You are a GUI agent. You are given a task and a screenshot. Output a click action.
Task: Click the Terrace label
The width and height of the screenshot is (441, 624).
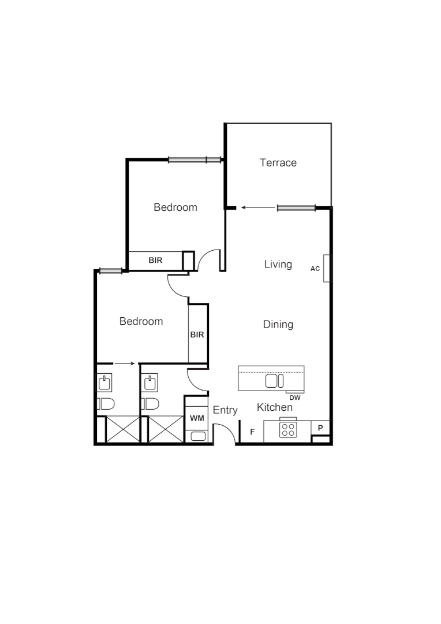[278, 163]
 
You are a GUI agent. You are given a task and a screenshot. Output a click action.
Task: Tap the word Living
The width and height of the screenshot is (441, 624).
[278, 265]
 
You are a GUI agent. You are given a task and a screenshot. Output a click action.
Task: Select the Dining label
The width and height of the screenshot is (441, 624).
[278, 325]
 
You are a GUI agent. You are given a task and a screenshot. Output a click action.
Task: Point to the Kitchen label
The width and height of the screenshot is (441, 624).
[275, 408]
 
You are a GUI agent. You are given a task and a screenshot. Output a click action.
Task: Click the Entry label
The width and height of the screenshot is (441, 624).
[225, 410]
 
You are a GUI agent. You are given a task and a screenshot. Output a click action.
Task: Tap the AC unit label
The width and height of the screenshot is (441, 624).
[315, 269]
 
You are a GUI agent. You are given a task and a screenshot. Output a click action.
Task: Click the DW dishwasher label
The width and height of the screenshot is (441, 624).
[295, 398]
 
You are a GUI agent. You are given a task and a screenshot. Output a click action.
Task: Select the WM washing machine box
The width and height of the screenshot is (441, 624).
[197, 418]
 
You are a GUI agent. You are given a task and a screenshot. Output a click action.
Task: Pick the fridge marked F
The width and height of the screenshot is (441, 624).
[252, 432]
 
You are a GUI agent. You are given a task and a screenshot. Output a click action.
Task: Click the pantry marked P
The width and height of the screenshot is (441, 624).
[320, 428]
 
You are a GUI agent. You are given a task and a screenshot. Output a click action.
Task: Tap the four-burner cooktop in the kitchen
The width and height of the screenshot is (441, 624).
[288, 430]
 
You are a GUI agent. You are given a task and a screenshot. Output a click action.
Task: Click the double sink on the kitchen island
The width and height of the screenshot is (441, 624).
[275, 381]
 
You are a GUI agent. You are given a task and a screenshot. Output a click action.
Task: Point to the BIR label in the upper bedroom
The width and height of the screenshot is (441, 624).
[156, 261]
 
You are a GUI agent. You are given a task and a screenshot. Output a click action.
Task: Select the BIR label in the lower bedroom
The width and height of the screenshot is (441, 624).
[197, 335]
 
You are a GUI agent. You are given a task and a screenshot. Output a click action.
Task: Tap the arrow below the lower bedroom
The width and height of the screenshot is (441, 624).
[125, 363]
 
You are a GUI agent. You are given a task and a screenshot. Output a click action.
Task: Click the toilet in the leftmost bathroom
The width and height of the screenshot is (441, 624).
[106, 404]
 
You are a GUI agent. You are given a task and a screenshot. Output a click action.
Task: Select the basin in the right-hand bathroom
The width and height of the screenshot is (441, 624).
[150, 382]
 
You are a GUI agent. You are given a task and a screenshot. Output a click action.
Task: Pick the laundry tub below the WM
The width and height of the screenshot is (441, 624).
[197, 436]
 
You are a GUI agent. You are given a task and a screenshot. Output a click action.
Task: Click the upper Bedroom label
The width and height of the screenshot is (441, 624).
[175, 207]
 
